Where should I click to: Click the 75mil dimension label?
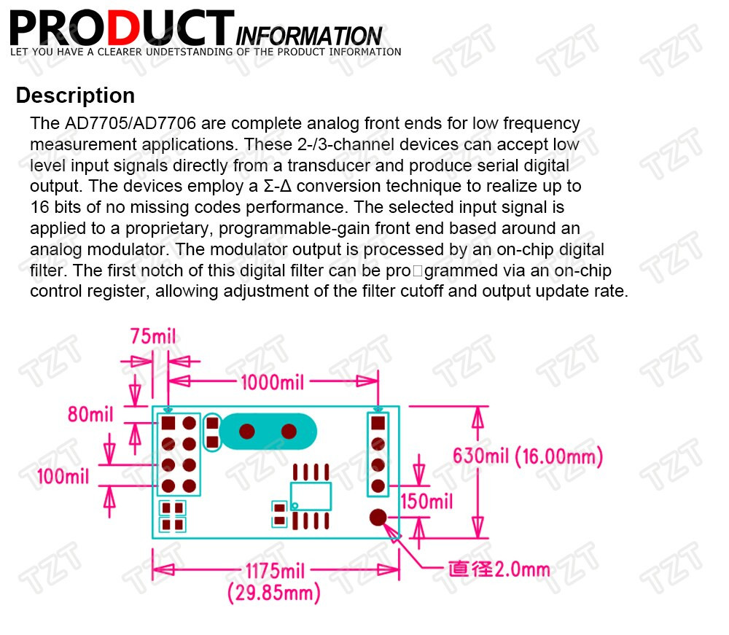tap(153, 336)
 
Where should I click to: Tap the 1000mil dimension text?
tap(273, 383)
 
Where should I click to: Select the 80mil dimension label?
tap(90, 413)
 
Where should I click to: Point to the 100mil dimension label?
tap(63, 477)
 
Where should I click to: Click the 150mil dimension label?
tap(426, 502)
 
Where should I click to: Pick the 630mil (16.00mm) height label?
tap(528, 456)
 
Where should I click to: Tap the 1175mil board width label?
tap(276, 571)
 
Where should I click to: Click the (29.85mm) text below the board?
tap(274, 593)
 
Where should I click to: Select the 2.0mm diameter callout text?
tap(499, 569)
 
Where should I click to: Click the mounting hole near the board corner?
tap(378, 518)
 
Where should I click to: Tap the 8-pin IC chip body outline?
tap(311, 496)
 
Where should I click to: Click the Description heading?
tap(75, 96)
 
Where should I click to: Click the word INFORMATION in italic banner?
tap(309, 36)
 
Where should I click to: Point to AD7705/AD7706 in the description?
tap(130, 123)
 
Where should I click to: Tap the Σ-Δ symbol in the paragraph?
tap(278, 186)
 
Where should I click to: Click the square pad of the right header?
tap(378, 423)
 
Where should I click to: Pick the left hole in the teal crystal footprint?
tap(247, 432)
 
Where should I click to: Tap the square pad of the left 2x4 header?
tap(168, 423)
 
